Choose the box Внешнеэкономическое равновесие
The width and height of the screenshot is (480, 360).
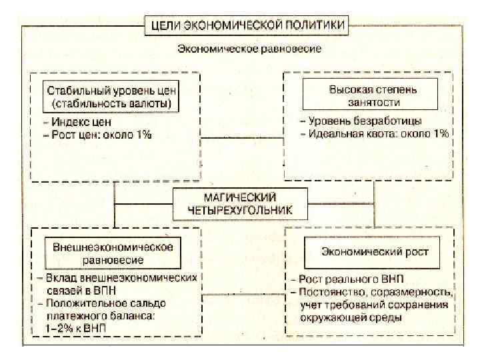113,252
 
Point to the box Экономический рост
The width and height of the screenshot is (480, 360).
375,252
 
